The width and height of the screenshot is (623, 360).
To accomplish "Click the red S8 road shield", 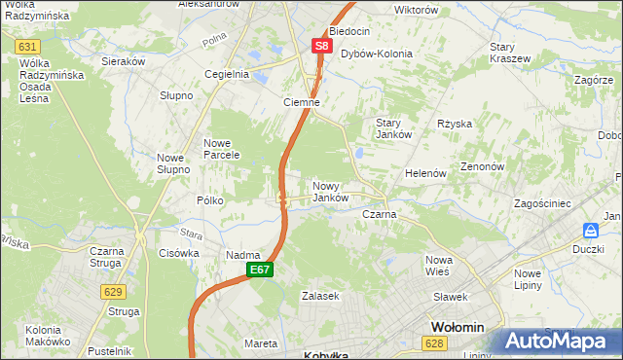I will point(322,46).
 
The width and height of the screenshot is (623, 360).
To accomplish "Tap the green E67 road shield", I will point(258,270).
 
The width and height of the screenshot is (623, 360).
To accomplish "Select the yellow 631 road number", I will point(28,47).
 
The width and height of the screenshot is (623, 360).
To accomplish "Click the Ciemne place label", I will point(301,101).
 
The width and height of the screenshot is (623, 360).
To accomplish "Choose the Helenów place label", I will point(425,173).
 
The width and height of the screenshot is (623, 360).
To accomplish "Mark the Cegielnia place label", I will point(227,74).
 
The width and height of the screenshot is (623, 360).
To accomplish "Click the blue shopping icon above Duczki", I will point(590,231).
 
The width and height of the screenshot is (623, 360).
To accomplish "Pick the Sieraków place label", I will point(124,60).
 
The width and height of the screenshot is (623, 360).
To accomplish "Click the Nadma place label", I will point(242,255).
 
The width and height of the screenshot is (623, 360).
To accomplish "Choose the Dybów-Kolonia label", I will point(376,54).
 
